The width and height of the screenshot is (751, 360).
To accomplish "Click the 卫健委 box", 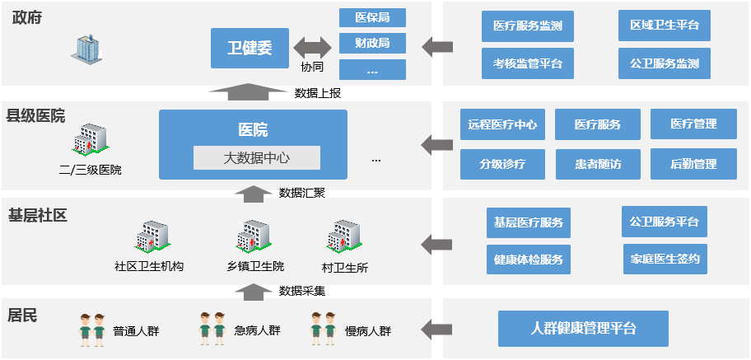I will pyautogui.click(x=249, y=48).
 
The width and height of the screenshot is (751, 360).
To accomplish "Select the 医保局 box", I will pyautogui.click(x=372, y=17).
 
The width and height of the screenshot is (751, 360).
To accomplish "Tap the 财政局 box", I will pyautogui.click(x=372, y=43).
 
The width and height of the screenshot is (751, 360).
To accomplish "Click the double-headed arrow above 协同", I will pyautogui.click(x=312, y=46).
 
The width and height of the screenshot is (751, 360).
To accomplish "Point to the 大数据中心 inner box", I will pyautogui.click(x=257, y=157).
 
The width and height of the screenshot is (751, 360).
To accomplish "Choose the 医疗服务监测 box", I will pyautogui.click(x=527, y=26).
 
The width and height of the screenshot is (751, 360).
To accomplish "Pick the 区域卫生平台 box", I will pyautogui.click(x=664, y=26).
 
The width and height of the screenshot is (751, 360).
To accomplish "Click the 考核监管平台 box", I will pyautogui.click(x=527, y=63).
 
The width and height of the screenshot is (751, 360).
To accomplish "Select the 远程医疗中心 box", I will pyautogui.click(x=502, y=125).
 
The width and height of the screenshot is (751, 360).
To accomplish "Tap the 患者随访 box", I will pyautogui.click(x=598, y=164).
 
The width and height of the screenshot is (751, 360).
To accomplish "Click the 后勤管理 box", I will pyautogui.click(x=693, y=164).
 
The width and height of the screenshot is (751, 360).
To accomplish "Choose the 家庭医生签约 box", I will pyautogui.click(x=664, y=259).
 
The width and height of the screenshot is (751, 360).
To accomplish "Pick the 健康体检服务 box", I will pyautogui.click(x=528, y=259).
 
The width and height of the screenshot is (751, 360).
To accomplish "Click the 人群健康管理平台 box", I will pyautogui.click(x=583, y=328).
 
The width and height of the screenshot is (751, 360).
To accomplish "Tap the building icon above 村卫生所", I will pyautogui.click(x=344, y=236).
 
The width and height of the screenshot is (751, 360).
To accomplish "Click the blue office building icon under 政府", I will pyautogui.click(x=84, y=48).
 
